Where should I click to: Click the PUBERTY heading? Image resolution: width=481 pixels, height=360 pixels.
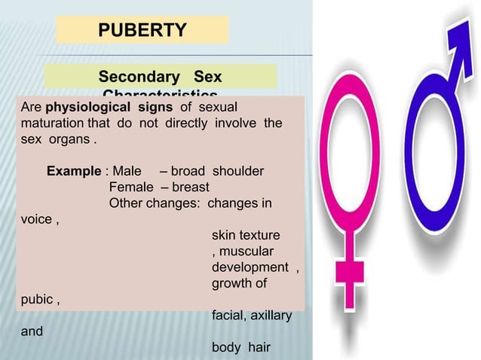click(142, 31)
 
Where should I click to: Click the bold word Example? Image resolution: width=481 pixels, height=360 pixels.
click(75, 171)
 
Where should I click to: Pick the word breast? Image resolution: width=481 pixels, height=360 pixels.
click(189, 187)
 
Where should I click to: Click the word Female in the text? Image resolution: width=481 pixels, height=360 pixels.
click(132, 187)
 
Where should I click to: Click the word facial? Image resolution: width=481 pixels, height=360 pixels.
click(225, 316)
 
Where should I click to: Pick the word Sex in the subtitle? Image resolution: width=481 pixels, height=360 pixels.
click(203, 78)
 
